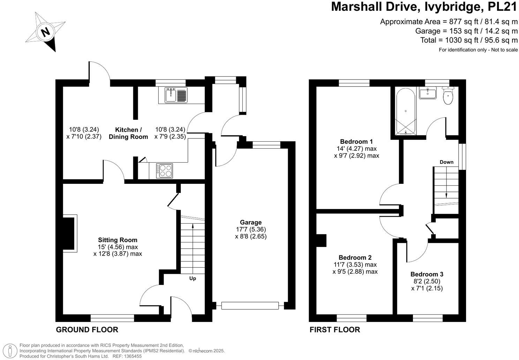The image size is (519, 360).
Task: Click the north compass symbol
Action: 45,32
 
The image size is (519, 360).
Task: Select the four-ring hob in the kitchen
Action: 165,171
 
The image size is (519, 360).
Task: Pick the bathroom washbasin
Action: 427,93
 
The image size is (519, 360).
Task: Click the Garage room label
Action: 250,222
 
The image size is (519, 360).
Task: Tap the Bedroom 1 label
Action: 356,141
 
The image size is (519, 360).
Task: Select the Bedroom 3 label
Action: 427,274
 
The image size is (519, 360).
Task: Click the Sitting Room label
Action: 118,240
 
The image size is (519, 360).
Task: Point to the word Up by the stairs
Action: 193,278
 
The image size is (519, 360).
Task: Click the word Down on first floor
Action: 446,162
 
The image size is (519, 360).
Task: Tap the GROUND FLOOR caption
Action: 87,330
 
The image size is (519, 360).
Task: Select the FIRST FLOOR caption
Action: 334,330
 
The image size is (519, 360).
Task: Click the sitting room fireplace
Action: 69,233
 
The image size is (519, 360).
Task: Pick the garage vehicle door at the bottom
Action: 250,306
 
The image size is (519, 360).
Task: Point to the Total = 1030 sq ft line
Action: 469,40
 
